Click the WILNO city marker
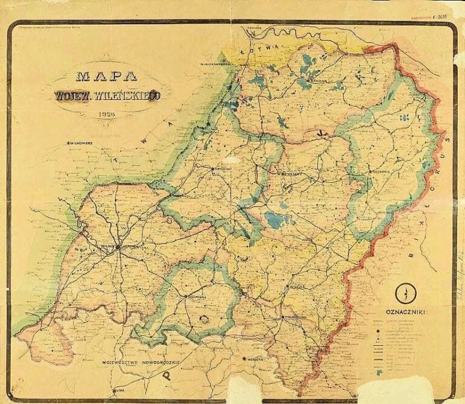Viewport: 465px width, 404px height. point(119,247)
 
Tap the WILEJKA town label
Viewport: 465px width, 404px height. point(297,285)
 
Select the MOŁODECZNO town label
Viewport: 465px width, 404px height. point(296,317)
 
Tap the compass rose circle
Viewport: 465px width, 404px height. point(405,294)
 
